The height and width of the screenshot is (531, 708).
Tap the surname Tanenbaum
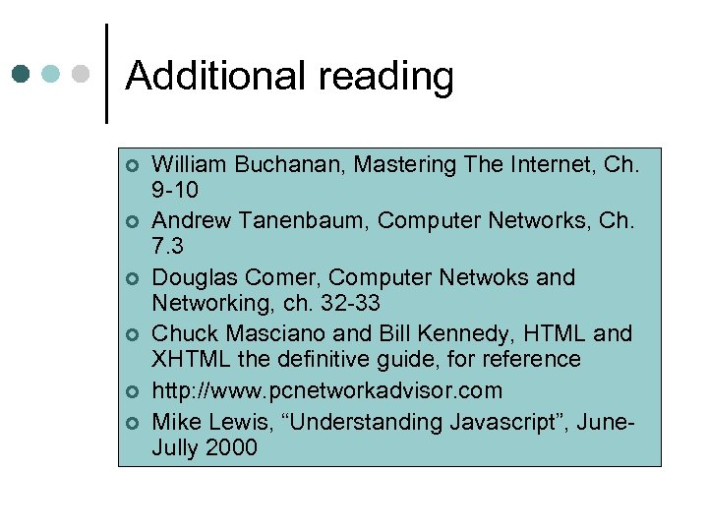[314, 221]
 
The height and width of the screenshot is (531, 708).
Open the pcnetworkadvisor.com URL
[327, 391]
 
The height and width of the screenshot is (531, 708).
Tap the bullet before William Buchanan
[132, 165]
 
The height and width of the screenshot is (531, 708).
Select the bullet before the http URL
[132, 392]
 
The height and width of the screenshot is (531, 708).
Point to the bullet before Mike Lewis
[132, 424]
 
